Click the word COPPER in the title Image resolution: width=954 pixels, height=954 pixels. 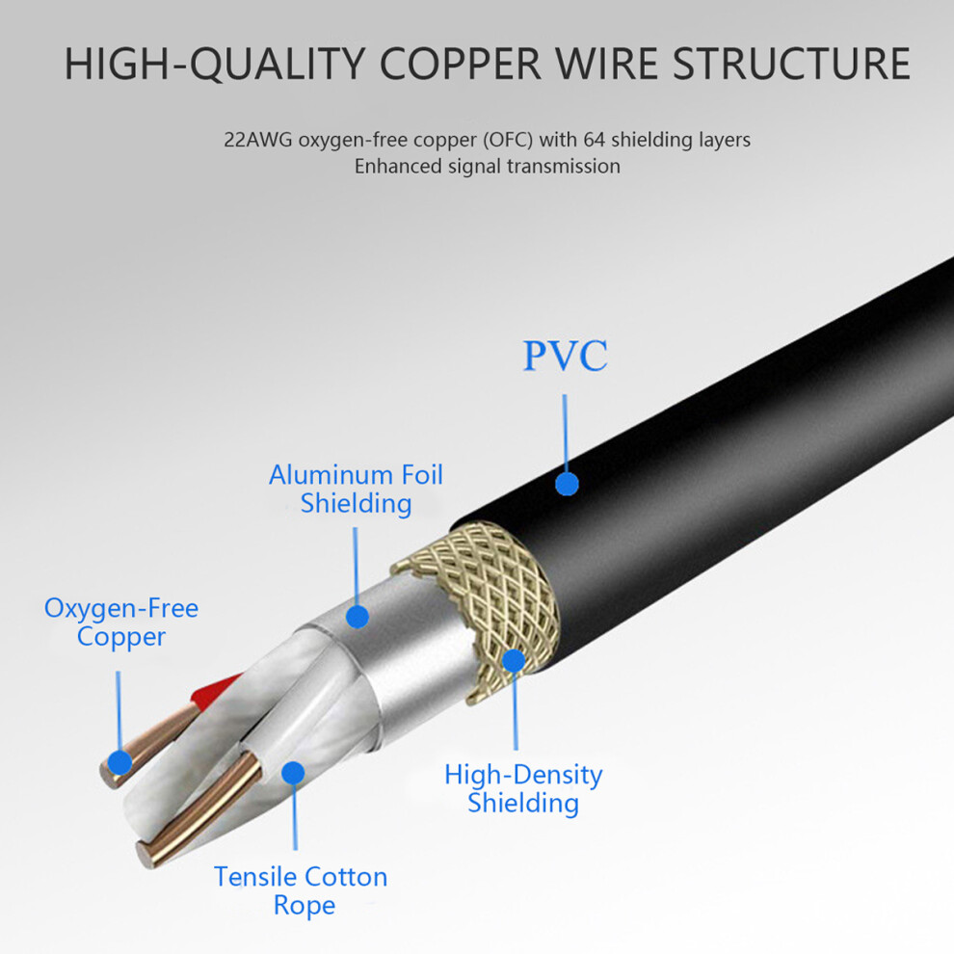click(460, 64)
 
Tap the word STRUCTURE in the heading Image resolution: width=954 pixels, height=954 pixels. click(791, 64)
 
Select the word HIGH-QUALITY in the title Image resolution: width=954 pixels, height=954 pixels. click(215, 65)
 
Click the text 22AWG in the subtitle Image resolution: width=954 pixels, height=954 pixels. click(258, 140)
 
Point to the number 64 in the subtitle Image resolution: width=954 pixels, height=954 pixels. click(594, 140)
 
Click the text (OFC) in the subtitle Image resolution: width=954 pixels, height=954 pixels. click(508, 140)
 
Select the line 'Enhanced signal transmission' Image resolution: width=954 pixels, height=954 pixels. click(488, 166)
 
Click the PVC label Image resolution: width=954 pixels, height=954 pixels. click(566, 356)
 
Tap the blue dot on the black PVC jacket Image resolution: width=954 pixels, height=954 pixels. click(567, 485)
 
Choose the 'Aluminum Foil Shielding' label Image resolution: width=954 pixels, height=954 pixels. click(356, 490)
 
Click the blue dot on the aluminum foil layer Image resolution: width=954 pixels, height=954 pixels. click(358, 617)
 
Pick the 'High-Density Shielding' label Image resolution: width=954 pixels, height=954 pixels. click(523, 788)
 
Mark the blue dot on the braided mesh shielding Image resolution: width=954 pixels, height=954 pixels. click(514, 661)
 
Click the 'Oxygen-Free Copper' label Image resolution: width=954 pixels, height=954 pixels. click(121, 623)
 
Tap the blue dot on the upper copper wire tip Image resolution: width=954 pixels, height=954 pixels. click(119, 763)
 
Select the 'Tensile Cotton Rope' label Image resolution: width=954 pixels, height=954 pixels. click(302, 890)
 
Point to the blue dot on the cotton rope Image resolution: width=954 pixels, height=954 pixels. click(293, 773)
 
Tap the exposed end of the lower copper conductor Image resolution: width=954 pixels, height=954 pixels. click(146, 854)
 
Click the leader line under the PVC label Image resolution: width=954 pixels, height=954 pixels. click(566, 434)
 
